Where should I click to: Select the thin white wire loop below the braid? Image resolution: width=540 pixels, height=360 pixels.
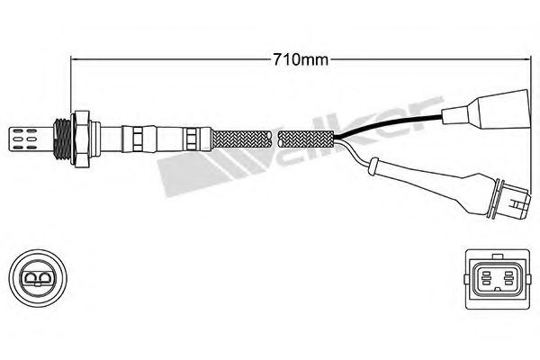369,163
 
